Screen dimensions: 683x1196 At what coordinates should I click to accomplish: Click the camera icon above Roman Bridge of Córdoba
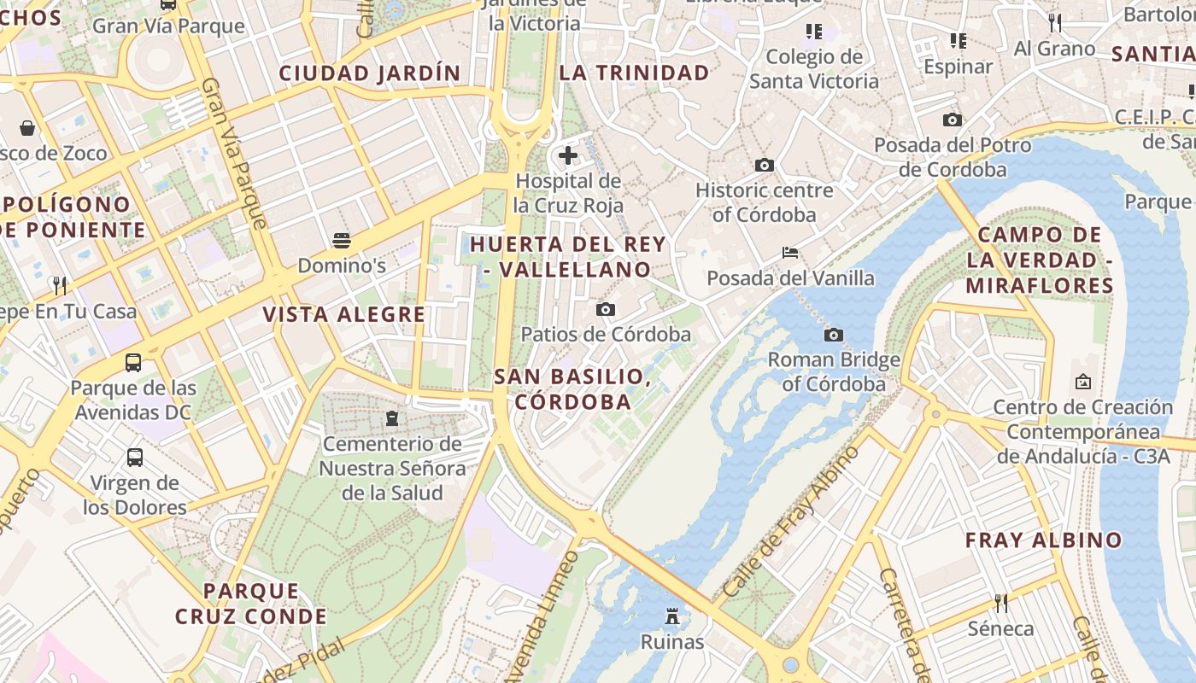click(834, 335)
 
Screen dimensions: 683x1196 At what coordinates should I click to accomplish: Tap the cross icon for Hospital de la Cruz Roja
click(568, 155)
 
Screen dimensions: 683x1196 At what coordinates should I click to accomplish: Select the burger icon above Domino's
click(342, 240)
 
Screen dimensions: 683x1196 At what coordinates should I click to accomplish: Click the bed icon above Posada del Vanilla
click(790, 253)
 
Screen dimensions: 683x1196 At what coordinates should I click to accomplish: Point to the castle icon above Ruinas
click(672, 616)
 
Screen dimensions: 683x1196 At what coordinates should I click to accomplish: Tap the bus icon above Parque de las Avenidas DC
click(133, 362)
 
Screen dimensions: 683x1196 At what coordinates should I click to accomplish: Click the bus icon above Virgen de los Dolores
click(135, 458)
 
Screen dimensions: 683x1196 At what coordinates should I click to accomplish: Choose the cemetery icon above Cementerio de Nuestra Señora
click(392, 418)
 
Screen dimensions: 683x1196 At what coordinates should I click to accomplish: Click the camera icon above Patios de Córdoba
click(606, 309)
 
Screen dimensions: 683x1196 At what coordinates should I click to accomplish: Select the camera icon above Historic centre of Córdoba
click(765, 165)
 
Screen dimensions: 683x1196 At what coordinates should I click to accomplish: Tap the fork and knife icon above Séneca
click(1000, 604)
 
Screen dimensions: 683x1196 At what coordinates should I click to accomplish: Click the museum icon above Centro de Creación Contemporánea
click(1083, 382)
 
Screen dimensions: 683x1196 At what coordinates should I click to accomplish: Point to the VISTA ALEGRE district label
click(343, 314)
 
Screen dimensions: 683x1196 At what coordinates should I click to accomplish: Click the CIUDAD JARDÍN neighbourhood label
click(370, 73)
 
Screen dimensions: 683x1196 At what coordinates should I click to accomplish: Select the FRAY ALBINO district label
click(1043, 540)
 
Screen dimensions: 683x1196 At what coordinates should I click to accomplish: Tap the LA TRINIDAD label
click(634, 73)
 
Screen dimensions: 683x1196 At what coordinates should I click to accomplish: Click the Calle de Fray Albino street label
click(791, 521)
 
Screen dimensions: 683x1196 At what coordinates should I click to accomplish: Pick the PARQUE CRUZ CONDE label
click(251, 604)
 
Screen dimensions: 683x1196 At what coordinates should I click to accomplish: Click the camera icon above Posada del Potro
click(953, 120)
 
